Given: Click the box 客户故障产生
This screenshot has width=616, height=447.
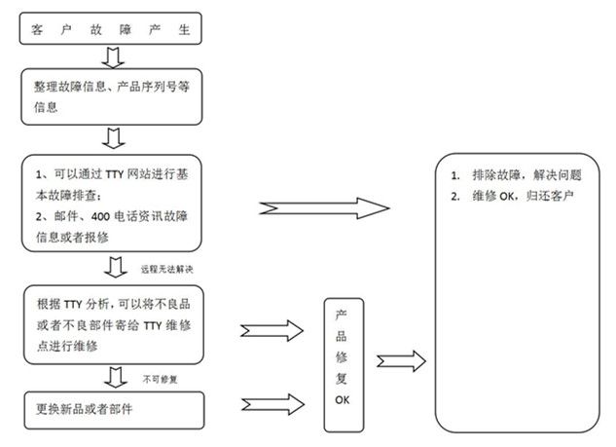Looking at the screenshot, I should point(113,28).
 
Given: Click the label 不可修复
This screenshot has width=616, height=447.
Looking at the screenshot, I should point(159,376).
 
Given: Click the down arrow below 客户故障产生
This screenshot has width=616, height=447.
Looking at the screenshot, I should point(115,59).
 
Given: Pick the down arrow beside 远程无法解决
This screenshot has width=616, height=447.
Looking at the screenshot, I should point(115,267).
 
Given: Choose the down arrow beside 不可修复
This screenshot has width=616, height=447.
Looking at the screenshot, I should point(115,376).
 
